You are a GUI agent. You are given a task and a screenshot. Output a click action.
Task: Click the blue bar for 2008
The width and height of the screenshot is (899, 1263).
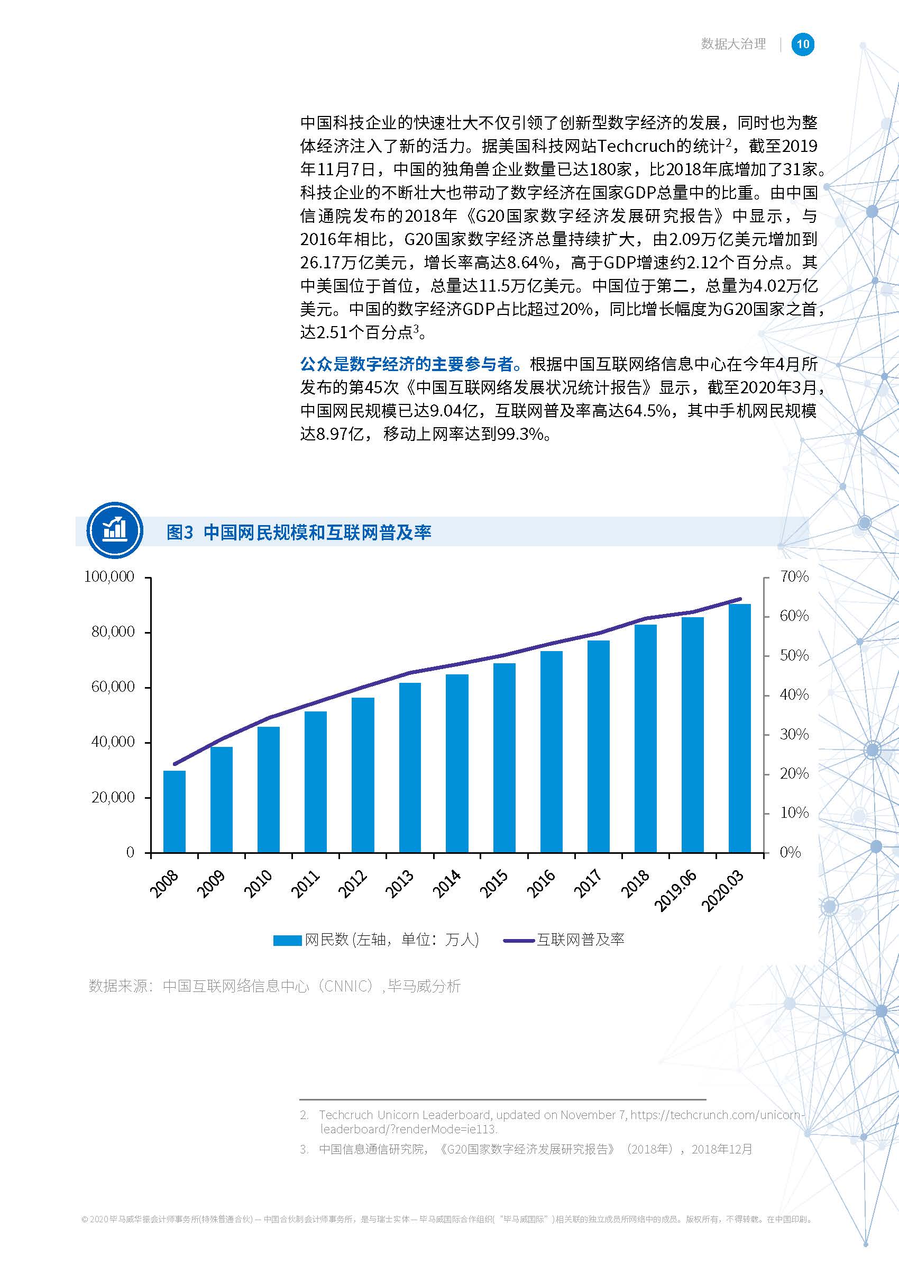click(175, 811)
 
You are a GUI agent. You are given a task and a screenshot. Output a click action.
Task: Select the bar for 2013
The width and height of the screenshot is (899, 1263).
click(410, 767)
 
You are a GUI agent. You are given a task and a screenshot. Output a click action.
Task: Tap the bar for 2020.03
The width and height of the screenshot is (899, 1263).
click(740, 728)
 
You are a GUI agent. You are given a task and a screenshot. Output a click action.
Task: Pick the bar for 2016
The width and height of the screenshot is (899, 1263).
click(552, 751)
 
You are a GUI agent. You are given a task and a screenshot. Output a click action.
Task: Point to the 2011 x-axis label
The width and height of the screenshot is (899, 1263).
click(306, 883)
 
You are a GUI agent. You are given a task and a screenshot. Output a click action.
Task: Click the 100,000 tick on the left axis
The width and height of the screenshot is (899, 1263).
click(109, 576)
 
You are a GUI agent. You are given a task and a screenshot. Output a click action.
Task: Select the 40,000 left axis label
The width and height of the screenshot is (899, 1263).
click(113, 742)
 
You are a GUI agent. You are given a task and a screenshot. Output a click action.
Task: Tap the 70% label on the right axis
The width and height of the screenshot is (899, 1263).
click(794, 576)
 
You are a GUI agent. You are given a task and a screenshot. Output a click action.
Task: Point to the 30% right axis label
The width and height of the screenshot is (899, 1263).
click(794, 735)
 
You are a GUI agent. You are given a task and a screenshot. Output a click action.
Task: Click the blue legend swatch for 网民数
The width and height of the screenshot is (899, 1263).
click(287, 940)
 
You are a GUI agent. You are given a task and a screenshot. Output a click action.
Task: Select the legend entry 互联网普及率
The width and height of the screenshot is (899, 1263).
click(580, 940)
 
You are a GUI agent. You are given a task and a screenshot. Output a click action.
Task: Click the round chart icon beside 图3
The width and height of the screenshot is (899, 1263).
click(115, 530)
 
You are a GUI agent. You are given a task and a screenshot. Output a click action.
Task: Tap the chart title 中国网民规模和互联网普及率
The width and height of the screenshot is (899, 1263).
click(317, 533)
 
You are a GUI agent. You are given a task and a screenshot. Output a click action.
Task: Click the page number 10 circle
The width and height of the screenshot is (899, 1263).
click(803, 44)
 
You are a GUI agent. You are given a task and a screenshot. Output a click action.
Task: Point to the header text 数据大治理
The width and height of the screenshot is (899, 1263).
click(733, 44)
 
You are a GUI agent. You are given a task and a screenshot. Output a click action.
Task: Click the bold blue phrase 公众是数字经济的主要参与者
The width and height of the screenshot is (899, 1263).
click(410, 364)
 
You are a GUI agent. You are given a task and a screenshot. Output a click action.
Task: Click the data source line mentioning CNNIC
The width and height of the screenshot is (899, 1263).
click(274, 986)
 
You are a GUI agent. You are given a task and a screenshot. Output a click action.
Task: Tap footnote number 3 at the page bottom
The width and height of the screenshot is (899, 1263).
click(304, 1149)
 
